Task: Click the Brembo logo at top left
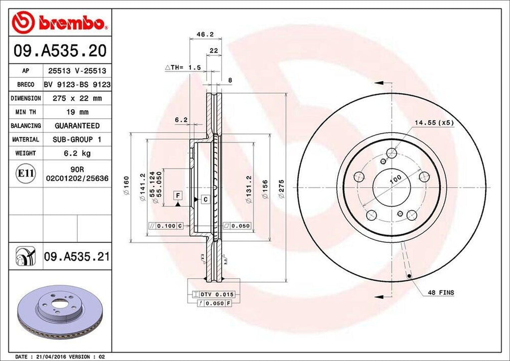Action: (x=60, y=22)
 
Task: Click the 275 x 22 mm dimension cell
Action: (x=77, y=98)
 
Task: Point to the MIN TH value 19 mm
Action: (x=77, y=112)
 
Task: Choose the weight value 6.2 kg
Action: (x=77, y=153)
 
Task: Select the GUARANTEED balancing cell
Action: (x=77, y=126)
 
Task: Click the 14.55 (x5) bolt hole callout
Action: (x=433, y=122)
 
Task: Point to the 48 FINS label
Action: (x=441, y=292)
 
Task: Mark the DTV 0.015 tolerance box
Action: (x=213, y=295)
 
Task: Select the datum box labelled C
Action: (x=205, y=199)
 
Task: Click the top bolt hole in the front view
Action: (x=392, y=153)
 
